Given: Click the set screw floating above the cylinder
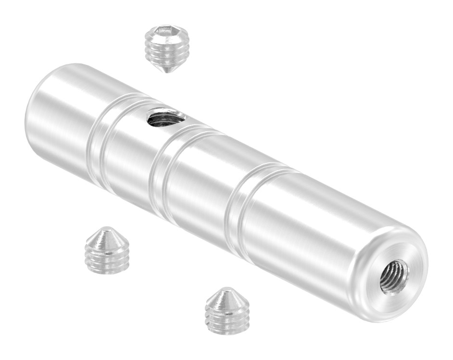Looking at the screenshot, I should point(166,48).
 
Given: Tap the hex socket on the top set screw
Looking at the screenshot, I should point(166,34).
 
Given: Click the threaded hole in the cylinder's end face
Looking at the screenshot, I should point(394,277).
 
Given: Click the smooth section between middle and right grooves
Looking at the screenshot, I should point(202,187).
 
